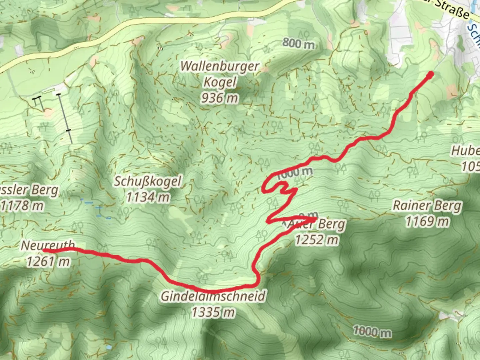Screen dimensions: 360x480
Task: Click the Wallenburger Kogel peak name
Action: tap(220, 74)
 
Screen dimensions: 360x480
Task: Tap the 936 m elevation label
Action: tap(220, 98)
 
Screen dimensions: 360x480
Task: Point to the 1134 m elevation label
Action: tap(148, 197)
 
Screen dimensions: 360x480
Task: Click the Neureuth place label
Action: tap(48, 245)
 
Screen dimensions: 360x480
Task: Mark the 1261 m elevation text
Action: tap(48, 262)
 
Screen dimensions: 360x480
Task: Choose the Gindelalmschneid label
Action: tap(214, 296)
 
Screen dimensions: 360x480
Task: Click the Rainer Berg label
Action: tap(427, 206)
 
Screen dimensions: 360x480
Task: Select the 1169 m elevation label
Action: tap(427, 221)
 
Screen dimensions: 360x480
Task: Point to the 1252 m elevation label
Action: tap(317, 239)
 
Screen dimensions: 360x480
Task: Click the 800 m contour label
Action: tap(298, 43)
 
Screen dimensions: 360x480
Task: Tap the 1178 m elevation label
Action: tap(22, 206)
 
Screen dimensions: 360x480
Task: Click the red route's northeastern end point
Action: tap(430, 74)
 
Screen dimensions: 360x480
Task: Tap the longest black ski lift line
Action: tap(65, 118)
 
